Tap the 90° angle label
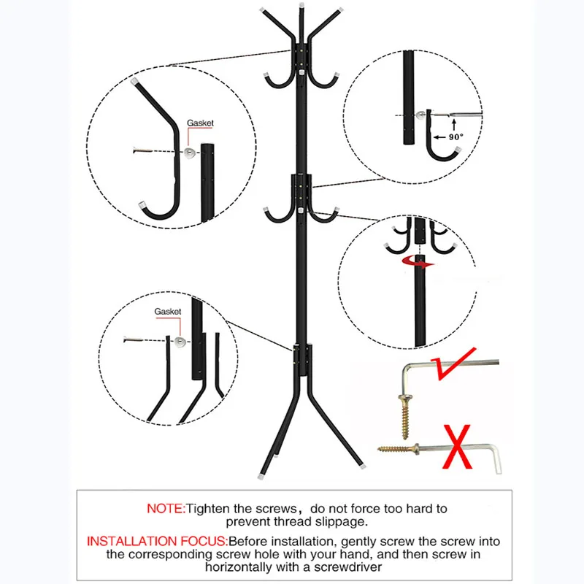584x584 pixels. [x=456, y=136]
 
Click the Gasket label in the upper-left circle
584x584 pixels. [x=200, y=124]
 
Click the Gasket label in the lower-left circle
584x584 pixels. [x=167, y=312]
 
